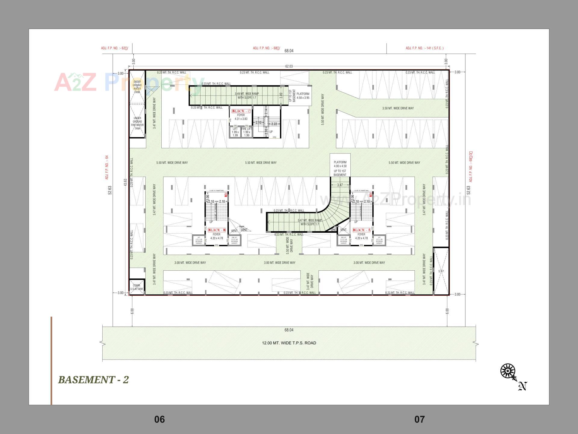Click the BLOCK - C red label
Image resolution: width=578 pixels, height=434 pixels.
click(241, 111)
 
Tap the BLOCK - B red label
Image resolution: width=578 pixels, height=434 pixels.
click(217, 230)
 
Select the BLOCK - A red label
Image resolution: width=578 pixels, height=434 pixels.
click(361, 230)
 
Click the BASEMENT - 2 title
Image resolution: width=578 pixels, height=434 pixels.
click(93, 380)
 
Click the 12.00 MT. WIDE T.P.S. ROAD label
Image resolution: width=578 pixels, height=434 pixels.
click(289, 343)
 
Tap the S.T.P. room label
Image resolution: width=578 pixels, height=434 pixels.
click(441, 271)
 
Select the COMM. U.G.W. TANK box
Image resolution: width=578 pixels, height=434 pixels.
click(137, 287)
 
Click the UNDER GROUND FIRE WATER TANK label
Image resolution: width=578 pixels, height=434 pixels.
click(137, 123)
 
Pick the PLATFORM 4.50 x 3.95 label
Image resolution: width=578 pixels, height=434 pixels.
click(303, 96)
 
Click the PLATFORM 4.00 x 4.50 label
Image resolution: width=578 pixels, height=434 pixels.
click(340, 164)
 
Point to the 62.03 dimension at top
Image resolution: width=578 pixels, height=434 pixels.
click(289, 66)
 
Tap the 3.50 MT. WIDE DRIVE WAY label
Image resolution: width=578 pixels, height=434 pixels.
click(398, 108)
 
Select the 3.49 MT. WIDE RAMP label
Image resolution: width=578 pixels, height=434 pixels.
click(247, 96)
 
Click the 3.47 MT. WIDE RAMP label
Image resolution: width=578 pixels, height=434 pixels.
click(309, 222)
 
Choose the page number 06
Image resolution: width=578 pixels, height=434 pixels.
click(159, 419)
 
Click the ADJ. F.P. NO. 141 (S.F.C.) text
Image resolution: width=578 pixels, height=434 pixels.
click(424, 48)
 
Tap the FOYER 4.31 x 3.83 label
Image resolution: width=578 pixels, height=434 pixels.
click(241, 117)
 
